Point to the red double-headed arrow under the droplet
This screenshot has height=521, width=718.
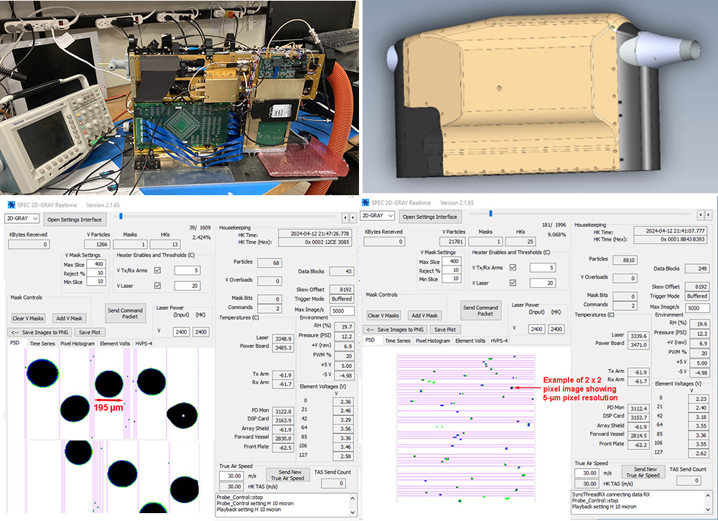tap(108, 399)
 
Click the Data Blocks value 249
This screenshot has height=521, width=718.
tap(696, 268)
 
